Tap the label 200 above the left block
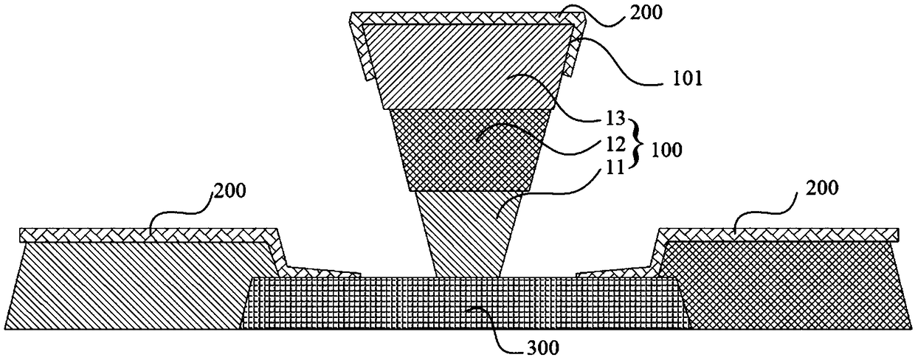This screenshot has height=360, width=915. click(231, 193)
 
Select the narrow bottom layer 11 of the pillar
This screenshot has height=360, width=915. click(464, 232)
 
